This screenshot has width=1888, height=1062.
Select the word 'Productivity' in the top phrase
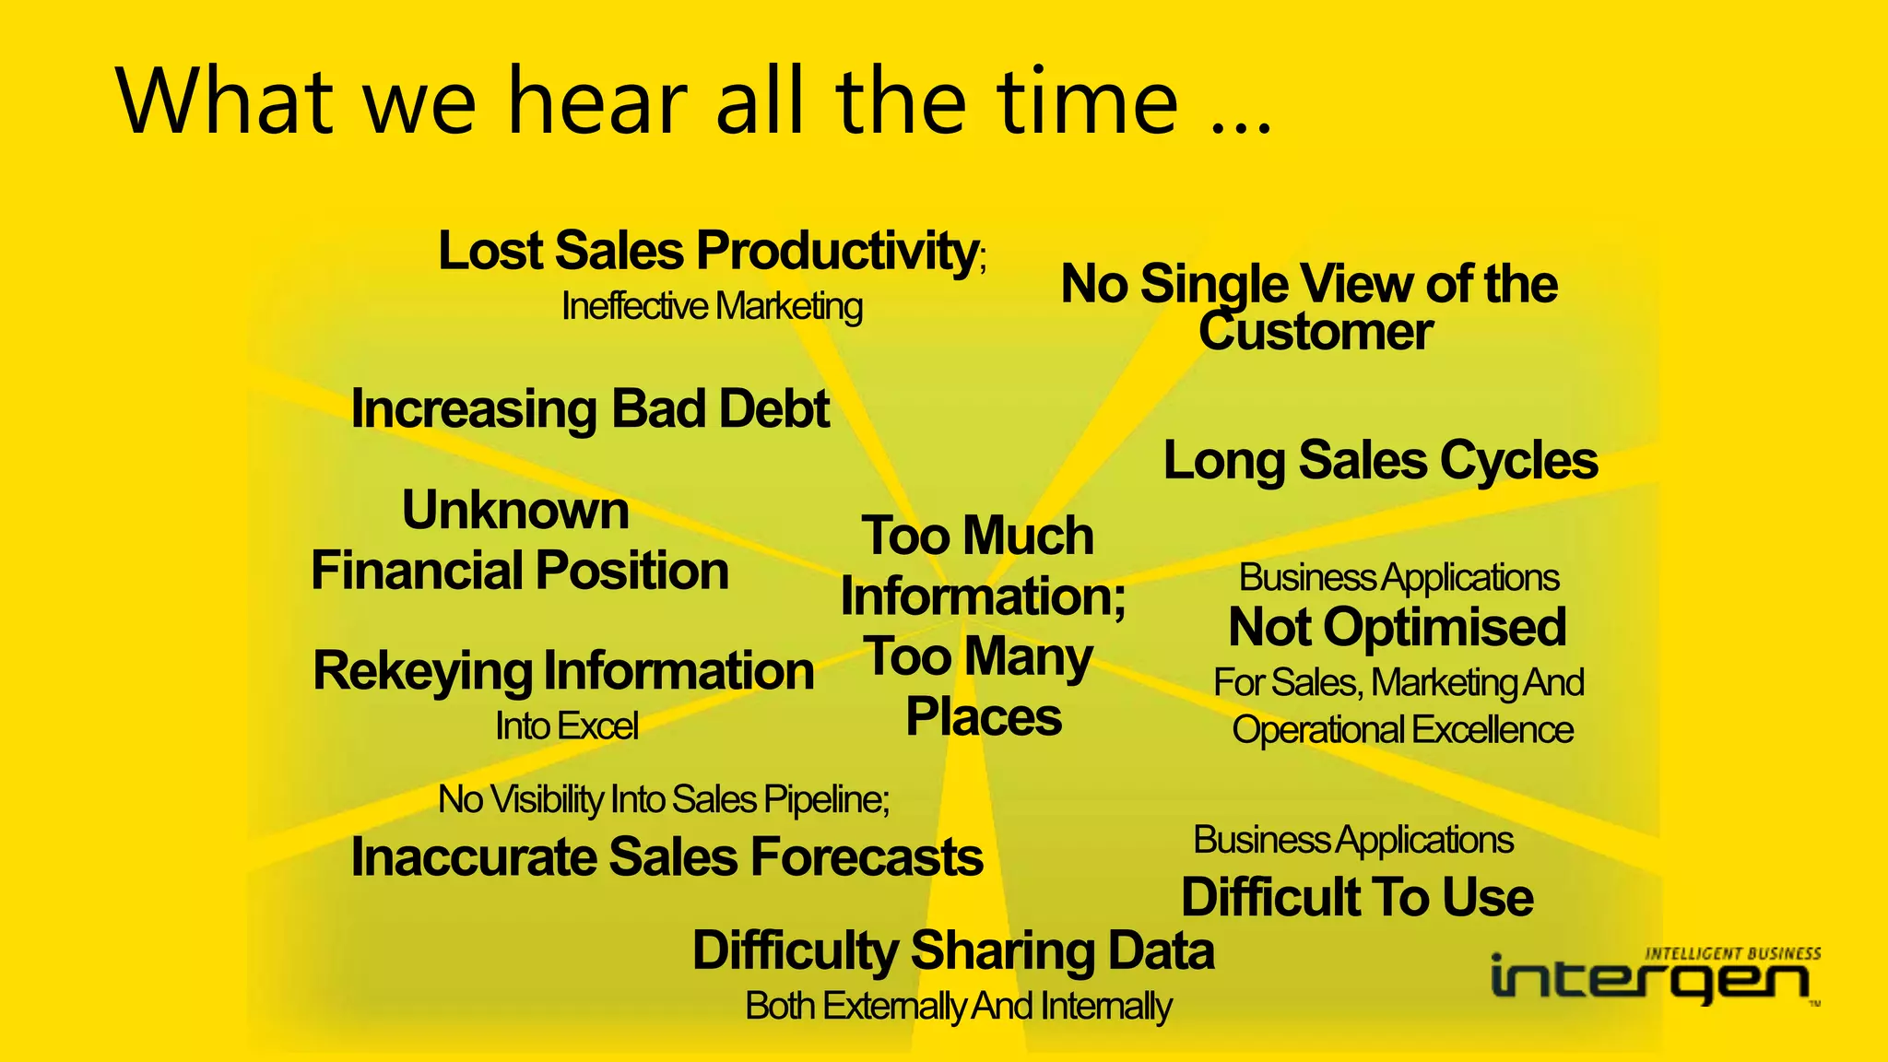(x=836, y=251)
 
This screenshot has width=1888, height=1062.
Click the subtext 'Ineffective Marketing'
(x=712, y=307)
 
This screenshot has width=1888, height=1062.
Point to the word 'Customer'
(x=1316, y=332)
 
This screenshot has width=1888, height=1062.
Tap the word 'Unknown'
(x=515, y=511)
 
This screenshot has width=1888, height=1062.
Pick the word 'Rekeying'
(x=422, y=671)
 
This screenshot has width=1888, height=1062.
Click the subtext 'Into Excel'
(x=566, y=726)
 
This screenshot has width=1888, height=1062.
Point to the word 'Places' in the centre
(x=984, y=717)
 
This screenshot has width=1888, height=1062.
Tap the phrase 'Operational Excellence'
(x=1402, y=730)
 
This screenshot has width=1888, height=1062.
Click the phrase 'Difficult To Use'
(x=1357, y=898)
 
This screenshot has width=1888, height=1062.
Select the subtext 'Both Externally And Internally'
(x=958, y=1007)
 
